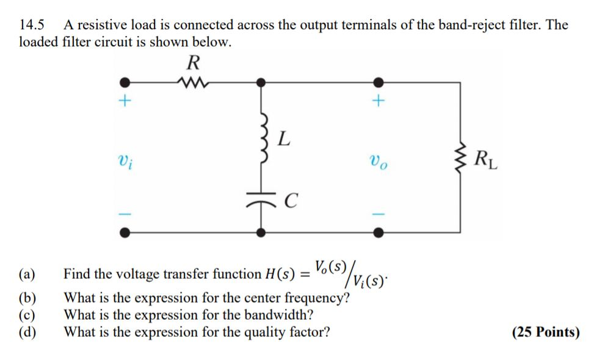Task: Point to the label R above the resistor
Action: coord(193,62)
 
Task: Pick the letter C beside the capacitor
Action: coord(291,200)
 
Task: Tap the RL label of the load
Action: coord(487,161)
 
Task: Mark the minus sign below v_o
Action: coord(379,214)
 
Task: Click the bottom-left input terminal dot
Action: coord(125,232)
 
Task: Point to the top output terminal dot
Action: coord(379,82)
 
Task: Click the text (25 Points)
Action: coord(545,333)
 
